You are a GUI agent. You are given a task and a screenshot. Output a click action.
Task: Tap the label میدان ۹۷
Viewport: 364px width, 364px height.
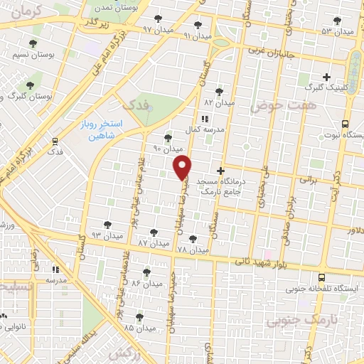[x=157, y=30]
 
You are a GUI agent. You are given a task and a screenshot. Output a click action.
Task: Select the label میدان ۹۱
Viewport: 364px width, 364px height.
[x=198, y=35]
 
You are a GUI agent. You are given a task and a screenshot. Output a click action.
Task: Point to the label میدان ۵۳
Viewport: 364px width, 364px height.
[x=337, y=32]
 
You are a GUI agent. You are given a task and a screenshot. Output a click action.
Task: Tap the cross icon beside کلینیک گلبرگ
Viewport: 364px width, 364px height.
[x=326, y=76]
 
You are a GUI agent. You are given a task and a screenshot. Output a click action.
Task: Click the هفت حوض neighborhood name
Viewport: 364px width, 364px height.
[x=282, y=105]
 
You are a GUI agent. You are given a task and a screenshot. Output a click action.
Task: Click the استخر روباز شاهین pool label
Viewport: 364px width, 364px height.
[x=100, y=131]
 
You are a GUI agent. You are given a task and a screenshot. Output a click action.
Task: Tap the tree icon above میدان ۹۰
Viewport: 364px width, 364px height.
[x=168, y=138]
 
